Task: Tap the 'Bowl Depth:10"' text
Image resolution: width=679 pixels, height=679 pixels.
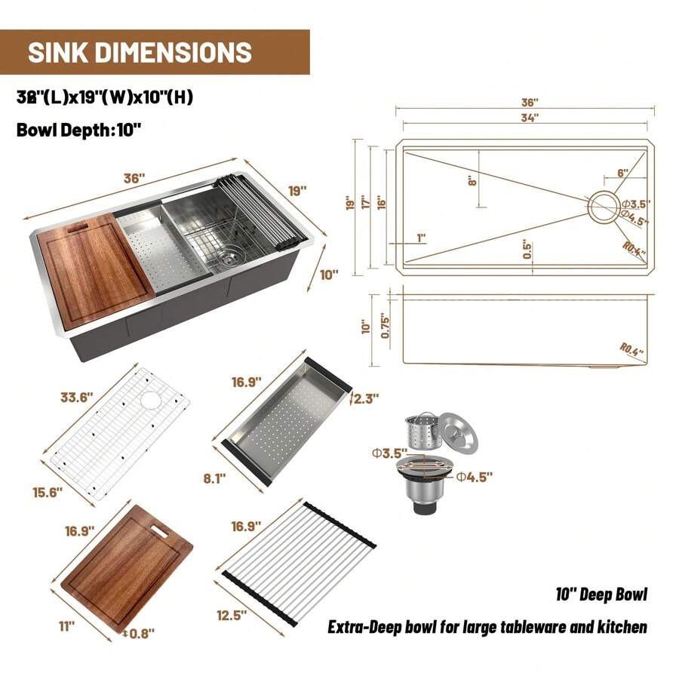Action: [78, 129]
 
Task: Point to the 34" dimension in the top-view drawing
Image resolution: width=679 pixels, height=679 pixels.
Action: [529, 117]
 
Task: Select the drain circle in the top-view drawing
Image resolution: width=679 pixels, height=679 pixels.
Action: [603, 206]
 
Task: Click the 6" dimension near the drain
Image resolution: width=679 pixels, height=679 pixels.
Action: [622, 172]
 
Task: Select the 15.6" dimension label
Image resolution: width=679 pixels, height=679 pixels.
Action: [47, 491]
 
